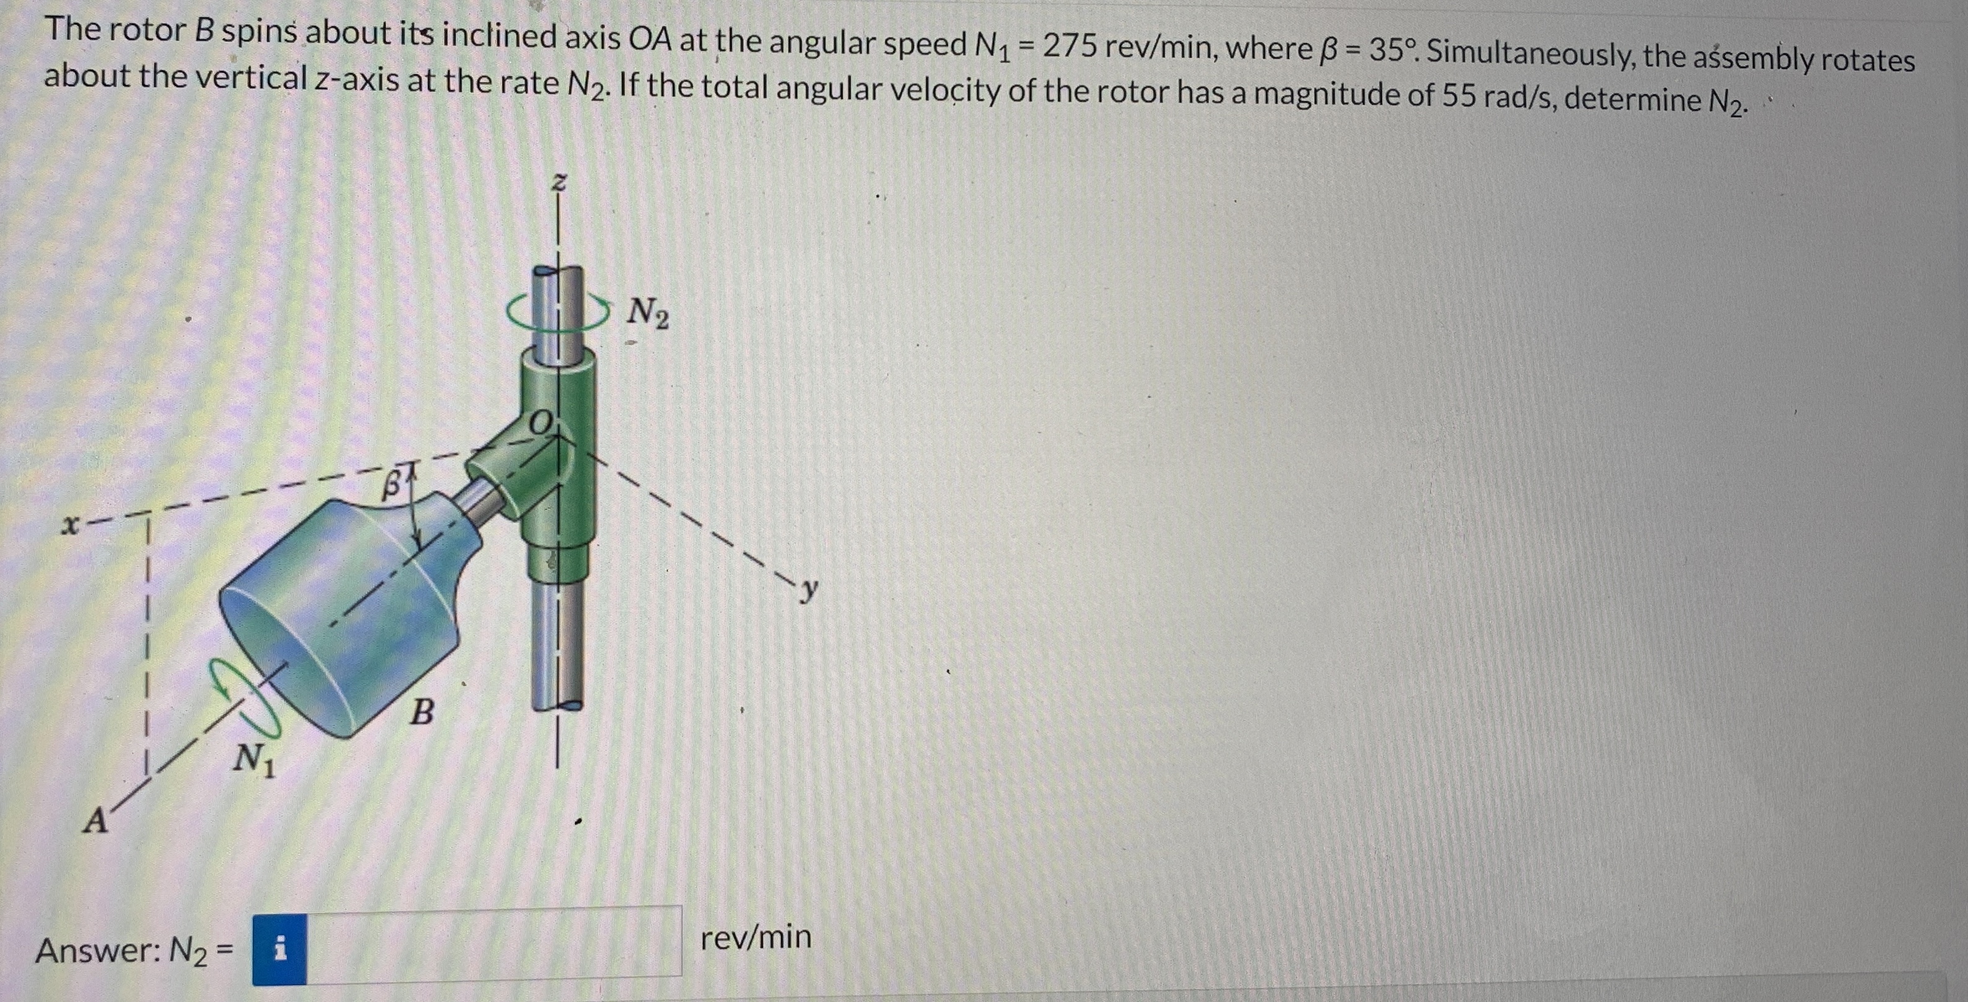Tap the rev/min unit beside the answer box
tap(756, 937)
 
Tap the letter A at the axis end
tap(95, 822)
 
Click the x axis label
tap(71, 526)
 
